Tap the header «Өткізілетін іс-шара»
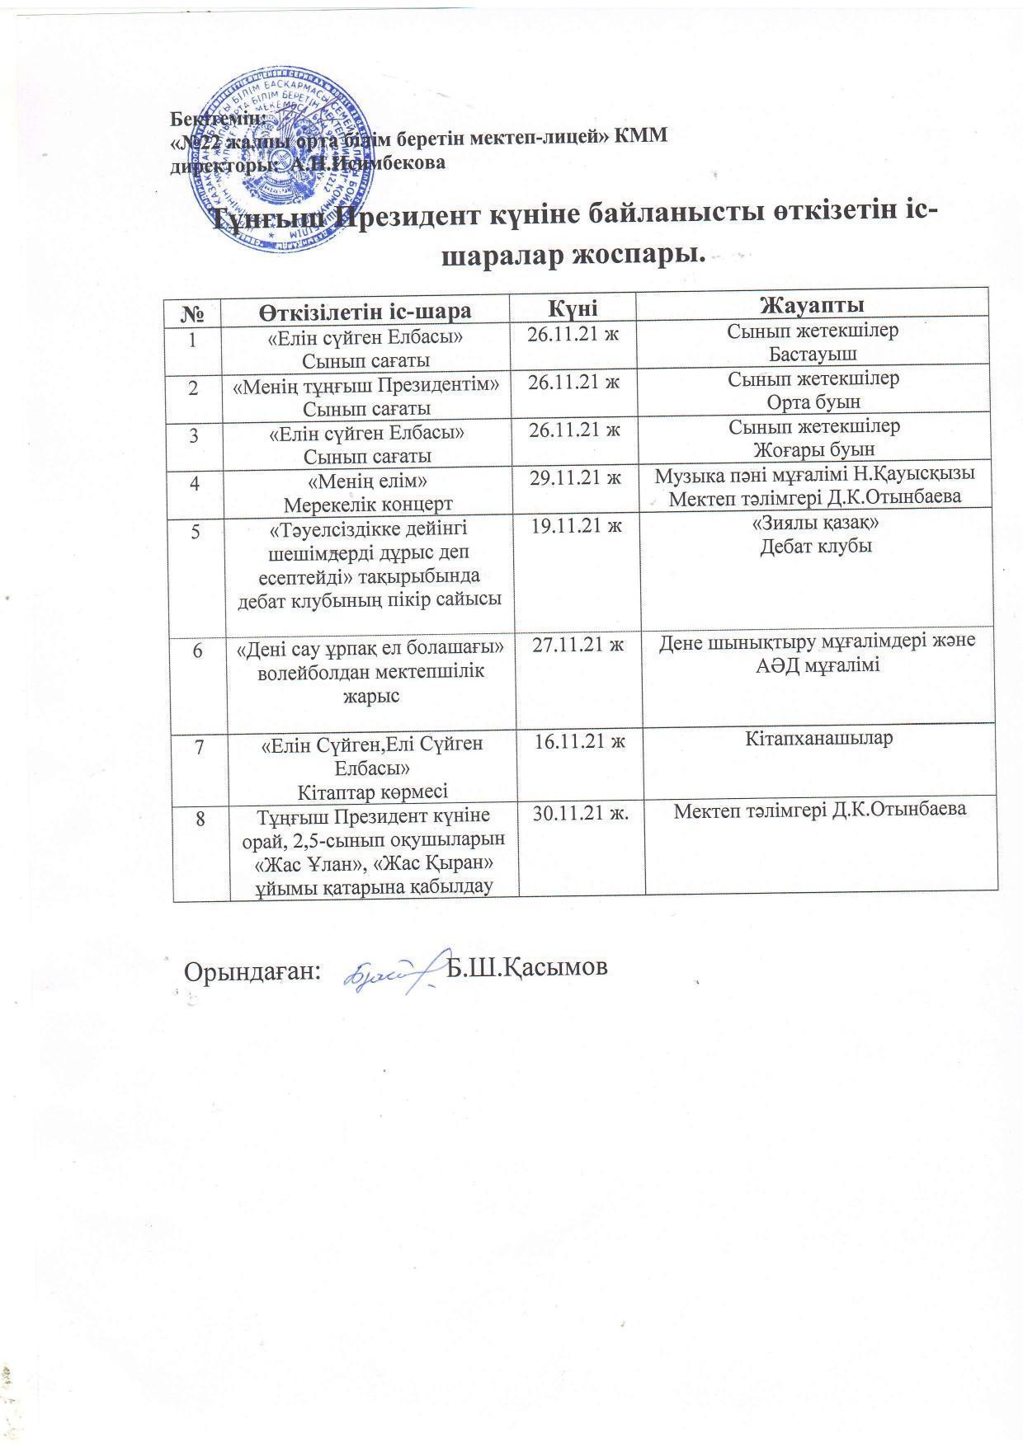click(x=367, y=311)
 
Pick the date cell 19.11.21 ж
click(x=576, y=526)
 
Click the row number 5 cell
click(x=196, y=531)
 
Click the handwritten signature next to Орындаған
click(x=388, y=970)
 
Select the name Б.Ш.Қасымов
click(x=526, y=968)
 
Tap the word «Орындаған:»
click(x=252, y=970)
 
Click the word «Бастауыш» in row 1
click(x=813, y=355)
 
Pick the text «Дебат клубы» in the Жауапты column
click(x=815, y=547)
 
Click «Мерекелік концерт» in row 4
click(x=368, y=502)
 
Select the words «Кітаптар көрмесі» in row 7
click(x=373, y=792)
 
